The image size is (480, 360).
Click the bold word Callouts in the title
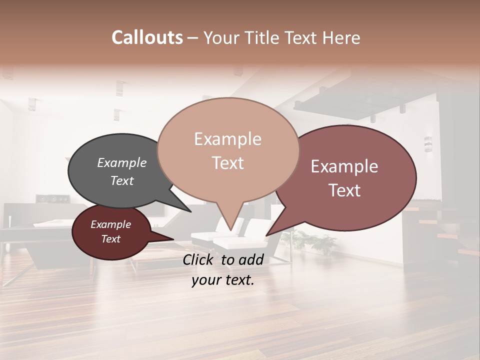pos(147,37)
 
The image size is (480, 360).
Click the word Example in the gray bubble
pos(121,162)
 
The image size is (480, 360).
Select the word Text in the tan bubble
pos(227,162)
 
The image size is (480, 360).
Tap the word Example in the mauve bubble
pos(344,166)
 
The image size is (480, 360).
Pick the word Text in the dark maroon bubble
pos(110,239)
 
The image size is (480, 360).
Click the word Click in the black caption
pos(199,259)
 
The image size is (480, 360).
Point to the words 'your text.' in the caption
pos(223,279)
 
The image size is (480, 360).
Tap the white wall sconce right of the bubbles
pos(427,143)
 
